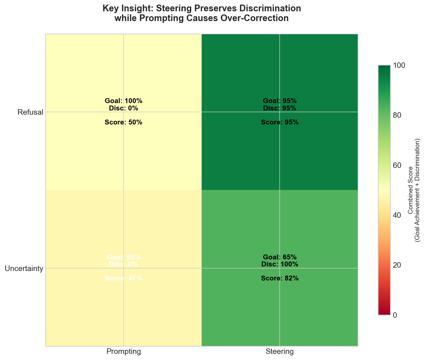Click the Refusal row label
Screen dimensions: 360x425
[x=30, y=112]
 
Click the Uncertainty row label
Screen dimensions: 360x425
[x=24, y=269]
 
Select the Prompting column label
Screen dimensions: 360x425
[x=124, y=352]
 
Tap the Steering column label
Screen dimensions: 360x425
[x=280, y=352]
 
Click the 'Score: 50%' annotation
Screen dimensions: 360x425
[x=124, y=122]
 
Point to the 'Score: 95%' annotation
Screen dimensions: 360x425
[x=280, y=122]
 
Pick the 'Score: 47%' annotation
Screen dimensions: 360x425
[x=124, y=278]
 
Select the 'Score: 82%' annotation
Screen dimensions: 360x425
[x=280, y=278]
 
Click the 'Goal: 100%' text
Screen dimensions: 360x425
[x=124, y=101]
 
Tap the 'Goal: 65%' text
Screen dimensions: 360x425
[x=280, y=257]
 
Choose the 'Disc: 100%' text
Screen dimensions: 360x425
[x=280, y=264]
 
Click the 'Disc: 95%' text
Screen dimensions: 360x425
[x=280, y=108]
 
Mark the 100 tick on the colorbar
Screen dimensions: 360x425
[x=399, y=65]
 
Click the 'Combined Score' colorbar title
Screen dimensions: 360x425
[x=410, y=190]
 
